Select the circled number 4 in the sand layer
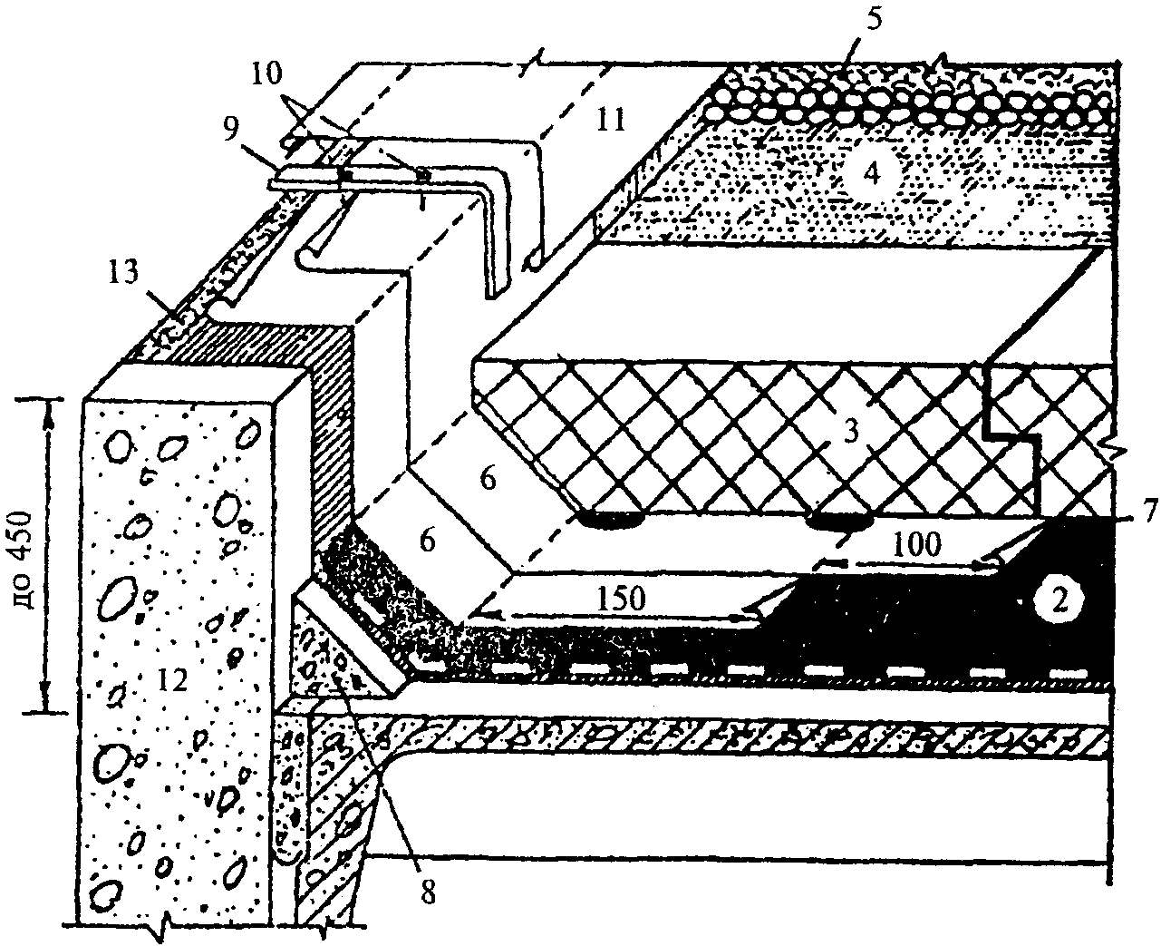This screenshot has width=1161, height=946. (869, 173)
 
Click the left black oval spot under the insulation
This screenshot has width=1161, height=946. (609, 520)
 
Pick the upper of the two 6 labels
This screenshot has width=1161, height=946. (488, 480)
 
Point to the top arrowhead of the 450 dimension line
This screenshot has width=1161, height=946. (45, 405)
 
